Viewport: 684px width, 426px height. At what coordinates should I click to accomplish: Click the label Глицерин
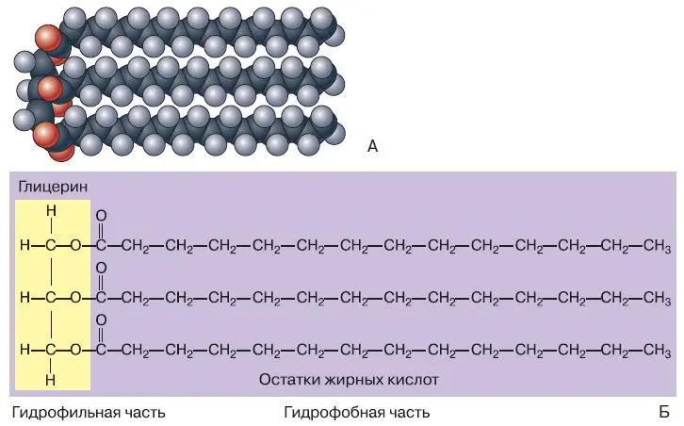click(x=52, y=188)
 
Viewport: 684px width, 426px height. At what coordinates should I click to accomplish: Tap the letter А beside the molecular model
click(x=372, y=146)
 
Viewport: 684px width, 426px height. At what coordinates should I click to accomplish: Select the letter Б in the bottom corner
click(x=664, y=413)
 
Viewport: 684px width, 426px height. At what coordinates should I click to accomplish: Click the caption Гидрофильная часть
click(x=89, y=413)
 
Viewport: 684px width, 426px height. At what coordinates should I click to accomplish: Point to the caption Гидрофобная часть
click(x=356, y=413)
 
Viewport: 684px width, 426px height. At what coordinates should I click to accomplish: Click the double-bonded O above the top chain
click(x=101, y=215)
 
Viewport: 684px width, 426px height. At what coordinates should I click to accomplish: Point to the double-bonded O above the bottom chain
click(x=101, y=320)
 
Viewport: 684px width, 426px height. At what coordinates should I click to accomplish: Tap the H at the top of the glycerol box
click(x=52, y=211)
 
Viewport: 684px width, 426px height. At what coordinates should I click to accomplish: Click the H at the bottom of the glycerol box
click(x=52, y=381)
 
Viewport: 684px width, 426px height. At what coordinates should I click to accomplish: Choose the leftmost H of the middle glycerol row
click(x=24, y=298)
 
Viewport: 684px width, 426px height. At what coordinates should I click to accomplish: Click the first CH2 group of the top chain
click(x=137, y=247)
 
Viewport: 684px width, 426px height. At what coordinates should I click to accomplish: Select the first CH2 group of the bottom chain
click(x=137, y=350)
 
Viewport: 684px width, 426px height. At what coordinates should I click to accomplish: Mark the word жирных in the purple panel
click(x=350, y=380)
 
